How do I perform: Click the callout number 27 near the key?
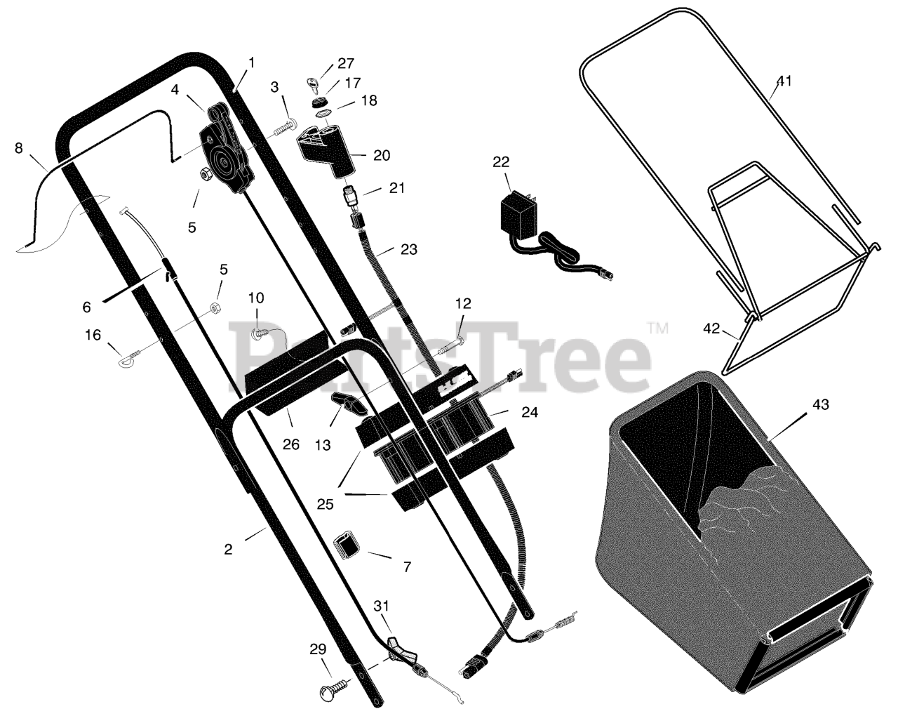[346, 64]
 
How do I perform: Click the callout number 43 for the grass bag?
[820, 405]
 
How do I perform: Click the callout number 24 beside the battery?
[529, 413]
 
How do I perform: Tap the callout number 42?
[711, 328]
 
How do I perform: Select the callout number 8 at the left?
[18, 148]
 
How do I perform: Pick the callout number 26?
[290, 444]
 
